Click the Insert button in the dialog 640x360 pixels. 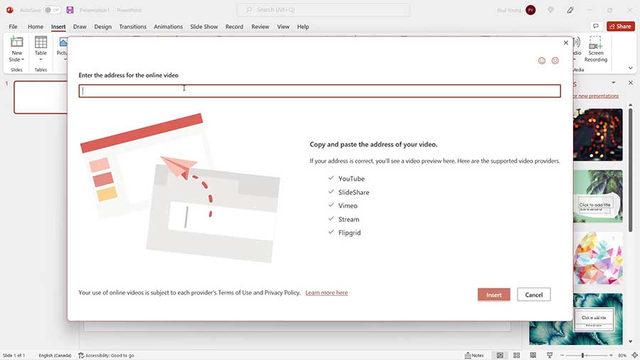click(494, 295)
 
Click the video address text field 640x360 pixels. click(319, 91)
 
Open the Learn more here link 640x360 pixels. click(326, 292)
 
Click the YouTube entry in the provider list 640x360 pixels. click(351, 179)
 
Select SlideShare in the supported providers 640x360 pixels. click(353, 192)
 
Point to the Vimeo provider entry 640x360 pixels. click(348, 206)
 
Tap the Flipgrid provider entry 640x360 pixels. click(349, 233)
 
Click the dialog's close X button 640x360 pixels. click(566, 43)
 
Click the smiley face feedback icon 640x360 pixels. click(542, 61)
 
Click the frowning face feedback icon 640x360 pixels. click(555, 61)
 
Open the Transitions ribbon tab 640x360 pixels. click(133, 27)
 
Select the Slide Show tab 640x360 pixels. click(203, 27)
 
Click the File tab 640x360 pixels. click(13, 27)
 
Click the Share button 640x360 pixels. click(620, 26)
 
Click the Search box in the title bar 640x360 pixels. click(324, 10)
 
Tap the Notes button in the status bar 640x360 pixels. click(474, 355)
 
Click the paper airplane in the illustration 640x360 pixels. click(178, 168)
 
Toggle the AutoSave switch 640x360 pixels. click(52, 10)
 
